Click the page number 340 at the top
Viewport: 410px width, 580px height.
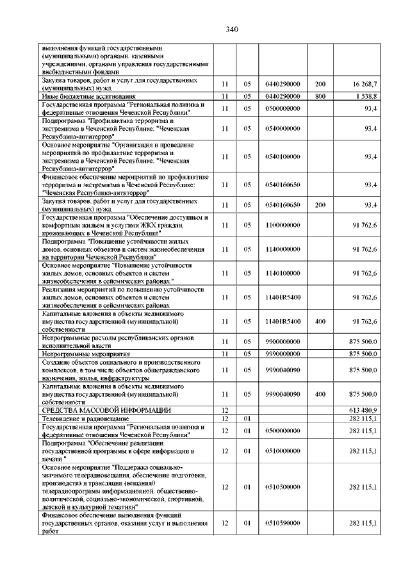232,29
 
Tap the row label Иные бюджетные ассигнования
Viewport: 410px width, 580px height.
83,95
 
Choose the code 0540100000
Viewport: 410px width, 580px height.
282,156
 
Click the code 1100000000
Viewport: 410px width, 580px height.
282,225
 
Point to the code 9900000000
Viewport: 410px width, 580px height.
282,340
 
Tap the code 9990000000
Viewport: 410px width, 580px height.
282,353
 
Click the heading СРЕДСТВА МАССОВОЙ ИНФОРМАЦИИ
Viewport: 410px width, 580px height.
106,409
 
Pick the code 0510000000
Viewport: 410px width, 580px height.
282,451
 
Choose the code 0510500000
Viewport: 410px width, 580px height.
282,487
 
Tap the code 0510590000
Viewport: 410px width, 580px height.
282,523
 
